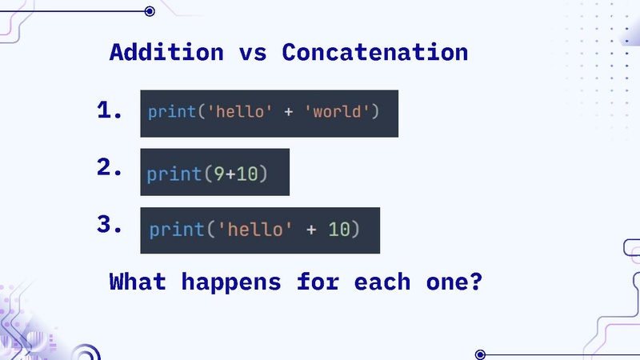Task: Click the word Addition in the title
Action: point(166,53)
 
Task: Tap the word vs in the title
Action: point(253,53)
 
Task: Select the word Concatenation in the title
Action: point(374,53)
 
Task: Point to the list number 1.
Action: point(109,110)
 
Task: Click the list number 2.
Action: point(109,168)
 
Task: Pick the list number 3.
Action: point(109,226)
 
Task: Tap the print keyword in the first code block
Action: point(171,111)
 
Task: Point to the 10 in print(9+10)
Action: point(246,174)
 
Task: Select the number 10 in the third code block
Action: point(339,230)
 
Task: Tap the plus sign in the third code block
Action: point(310,230)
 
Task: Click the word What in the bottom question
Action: point(138,282)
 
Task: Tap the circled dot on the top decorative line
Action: point(150,11)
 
